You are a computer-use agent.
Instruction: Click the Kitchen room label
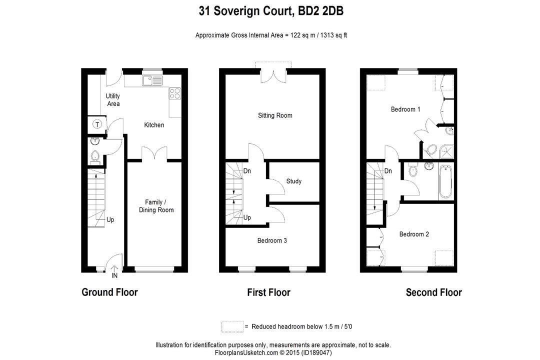click(154, 125)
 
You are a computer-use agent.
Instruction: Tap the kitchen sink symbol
click(151, 80)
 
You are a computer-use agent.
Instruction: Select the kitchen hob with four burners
click(175, 93)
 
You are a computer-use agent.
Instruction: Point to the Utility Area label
click(113, 100)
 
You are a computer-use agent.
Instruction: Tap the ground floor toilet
click(95, 157)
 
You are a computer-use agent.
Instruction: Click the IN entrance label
click(114, 275)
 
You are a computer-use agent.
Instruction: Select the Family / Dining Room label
click(156, 206)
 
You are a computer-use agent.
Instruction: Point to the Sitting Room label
click(275, 115)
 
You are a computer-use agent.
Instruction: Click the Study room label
click(294, 181)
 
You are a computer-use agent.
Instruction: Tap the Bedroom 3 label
click(272, 240)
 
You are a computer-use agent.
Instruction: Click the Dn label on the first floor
click(247, 171)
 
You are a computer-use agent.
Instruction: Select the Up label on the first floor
click(247, 217)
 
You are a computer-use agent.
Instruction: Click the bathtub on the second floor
click(446, 181)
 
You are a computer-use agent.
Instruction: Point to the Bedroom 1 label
click(405, 109)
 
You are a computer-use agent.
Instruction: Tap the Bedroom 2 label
click(414, 234)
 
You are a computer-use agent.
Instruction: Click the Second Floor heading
click(433, 292)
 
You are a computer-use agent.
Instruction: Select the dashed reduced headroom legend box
click(232, 326)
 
